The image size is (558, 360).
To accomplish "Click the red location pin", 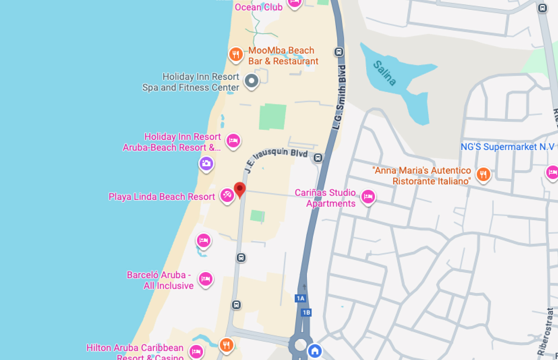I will pos(240,189).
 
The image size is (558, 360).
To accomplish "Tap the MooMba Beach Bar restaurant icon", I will pos(236,54).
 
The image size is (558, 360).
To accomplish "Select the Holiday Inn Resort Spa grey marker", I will pos(251,81).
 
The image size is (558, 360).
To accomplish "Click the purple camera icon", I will pos(206,163).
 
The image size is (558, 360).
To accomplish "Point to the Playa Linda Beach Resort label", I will pos(162,197).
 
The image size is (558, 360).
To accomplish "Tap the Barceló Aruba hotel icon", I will pos(206,279).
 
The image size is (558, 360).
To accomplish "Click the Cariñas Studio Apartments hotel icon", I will pos(368,197).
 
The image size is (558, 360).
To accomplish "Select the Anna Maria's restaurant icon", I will pos(483,174).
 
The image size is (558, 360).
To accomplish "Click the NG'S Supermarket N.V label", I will pos(507,147).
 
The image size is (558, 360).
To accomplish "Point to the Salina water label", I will pos(385,73).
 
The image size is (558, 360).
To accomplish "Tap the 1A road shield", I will pos(300,298).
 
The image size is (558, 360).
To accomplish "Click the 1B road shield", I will pos(306,313).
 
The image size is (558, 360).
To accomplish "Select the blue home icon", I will pos(315,351).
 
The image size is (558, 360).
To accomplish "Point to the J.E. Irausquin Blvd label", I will pos(276,159).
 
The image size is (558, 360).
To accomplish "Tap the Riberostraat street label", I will pos(545,331).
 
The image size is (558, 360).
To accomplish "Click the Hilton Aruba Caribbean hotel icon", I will pos(196,351).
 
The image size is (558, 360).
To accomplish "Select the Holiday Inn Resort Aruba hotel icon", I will pos(233,141).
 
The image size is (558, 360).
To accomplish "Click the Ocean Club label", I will pos(258,7).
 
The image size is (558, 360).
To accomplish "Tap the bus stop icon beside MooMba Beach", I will pos(339,52).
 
